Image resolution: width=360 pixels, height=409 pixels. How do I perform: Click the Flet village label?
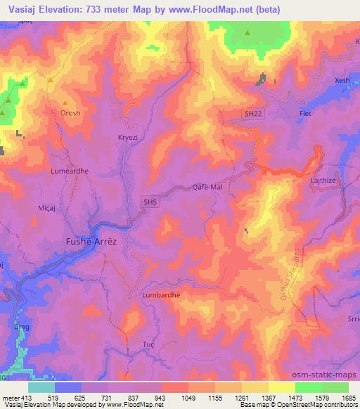305,113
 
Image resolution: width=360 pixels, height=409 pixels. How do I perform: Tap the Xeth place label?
342,81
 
